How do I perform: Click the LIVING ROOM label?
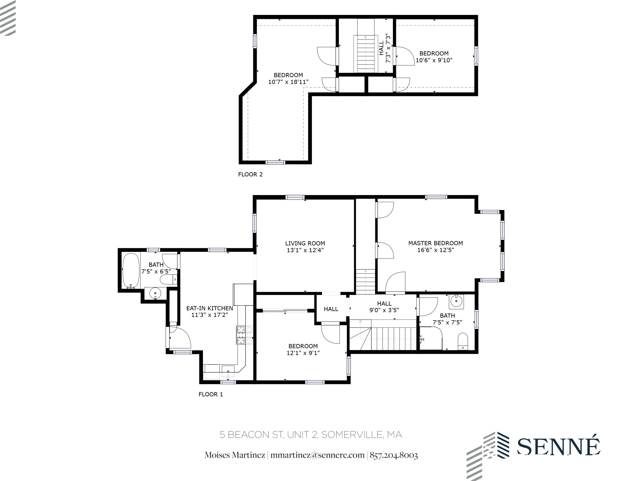tap(305, 243)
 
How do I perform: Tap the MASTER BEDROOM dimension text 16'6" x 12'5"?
tap(436, 250)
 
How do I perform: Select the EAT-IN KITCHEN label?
tap(210, 308)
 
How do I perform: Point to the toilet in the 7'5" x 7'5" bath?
tap(463, 341)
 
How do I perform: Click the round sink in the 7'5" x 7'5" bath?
tap(456, 302)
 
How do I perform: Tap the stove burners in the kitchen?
tap(244, 335)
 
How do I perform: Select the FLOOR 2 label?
tap(250, 174)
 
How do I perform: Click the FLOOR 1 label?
tap(211, 394)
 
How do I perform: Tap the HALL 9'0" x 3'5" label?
tap(384, 307)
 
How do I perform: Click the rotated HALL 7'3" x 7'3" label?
tap(384, 52)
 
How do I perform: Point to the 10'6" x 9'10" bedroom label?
tap(434, 57)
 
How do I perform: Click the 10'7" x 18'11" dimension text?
tap(288, 82)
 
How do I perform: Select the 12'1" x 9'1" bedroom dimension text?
tap(303, 353)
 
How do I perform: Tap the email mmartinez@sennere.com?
tap(317, 455)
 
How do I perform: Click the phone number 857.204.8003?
tap(394, 455)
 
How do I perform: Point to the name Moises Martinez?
tap(235, 455)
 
